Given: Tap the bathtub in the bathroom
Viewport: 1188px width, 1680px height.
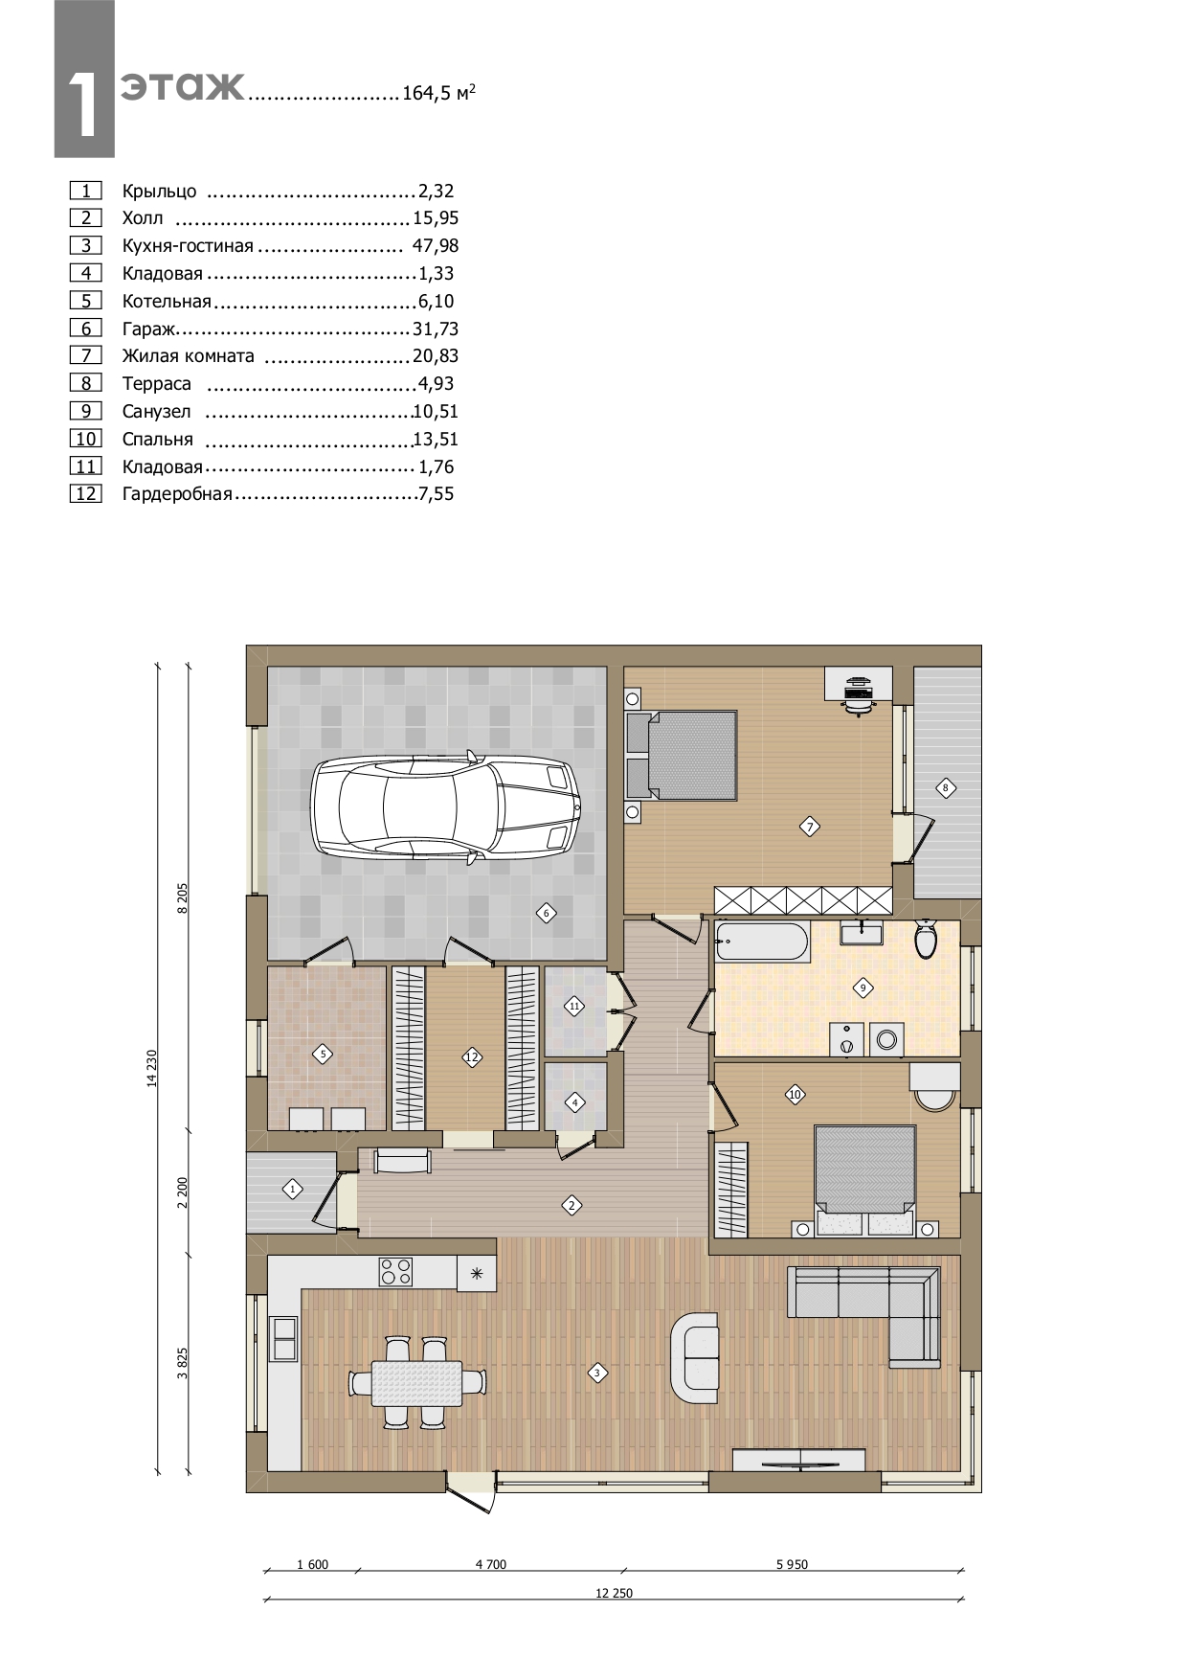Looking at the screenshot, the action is click(x=761, y=942).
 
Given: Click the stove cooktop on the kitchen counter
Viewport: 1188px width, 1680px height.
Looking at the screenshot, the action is click(x=396, y=1271).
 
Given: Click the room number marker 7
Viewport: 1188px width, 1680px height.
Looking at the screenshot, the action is click(x=810, y=827).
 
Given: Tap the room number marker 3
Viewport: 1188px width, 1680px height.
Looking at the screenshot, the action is click(x=596, y=1373).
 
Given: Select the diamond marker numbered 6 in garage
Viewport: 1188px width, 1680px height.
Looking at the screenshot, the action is click(x=546, y=913).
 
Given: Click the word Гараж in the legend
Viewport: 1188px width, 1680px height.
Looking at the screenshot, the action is click(x=150, y=329).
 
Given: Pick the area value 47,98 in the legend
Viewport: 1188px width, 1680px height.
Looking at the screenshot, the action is click(x=436, y=245).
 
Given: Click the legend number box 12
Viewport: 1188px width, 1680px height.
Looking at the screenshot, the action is click(x=86, y=494).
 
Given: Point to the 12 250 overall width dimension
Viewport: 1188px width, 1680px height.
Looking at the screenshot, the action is click(x=615, y=1594).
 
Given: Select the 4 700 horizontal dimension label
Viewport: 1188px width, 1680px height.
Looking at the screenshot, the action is click(x=490, y=1565).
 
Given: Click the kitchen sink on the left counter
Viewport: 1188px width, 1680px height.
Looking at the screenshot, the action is click(x=284, y=1338).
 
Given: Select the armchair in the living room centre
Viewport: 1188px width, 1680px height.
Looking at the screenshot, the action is click(x=694, y=1358).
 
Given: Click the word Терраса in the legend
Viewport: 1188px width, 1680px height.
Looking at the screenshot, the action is click(x=157, y=384).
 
